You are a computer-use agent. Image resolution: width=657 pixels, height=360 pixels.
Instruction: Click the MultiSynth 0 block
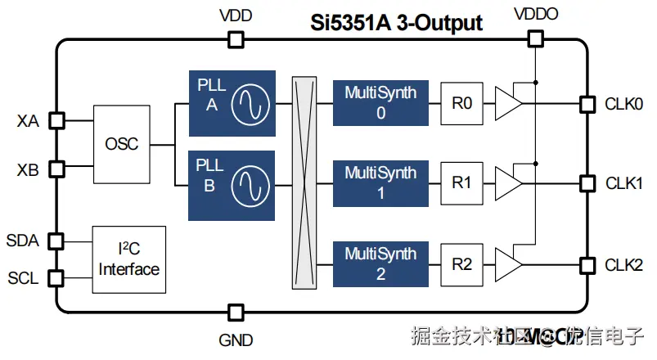coord(380,103)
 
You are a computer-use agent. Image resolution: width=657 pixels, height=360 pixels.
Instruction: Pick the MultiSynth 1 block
coord(380,183)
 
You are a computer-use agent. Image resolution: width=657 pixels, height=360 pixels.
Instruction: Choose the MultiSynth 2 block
coord(380,264)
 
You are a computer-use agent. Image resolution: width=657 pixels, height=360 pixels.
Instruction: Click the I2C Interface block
coord(129,259)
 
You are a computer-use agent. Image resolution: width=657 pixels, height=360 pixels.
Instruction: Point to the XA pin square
coord(56,121)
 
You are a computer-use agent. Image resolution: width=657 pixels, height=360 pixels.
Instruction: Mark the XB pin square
coord(56,169)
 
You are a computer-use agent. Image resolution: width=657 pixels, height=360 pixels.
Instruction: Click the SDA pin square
coord(56,241)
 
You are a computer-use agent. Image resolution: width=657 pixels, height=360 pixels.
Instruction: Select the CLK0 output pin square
coord(586,104)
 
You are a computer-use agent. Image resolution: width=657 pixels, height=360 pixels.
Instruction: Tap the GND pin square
coord(236,312)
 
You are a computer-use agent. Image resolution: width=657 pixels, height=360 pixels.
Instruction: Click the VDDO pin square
coord(535,38)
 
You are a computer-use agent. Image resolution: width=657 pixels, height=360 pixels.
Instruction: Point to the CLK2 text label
coord(623,265)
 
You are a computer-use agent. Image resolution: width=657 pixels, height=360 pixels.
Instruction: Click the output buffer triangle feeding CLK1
coord(509,183)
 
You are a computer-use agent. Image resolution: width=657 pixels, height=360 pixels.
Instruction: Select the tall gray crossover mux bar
coord(304,182)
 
